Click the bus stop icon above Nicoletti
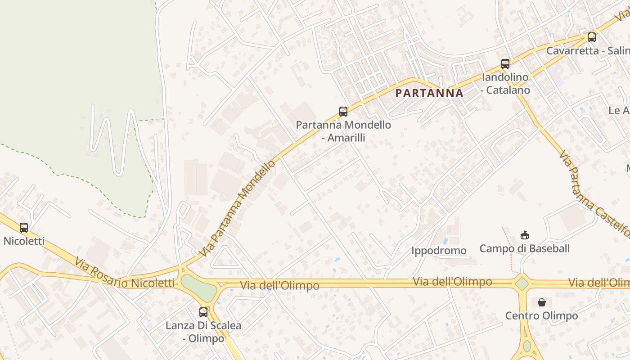point(24,228)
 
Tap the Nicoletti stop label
point(24,241)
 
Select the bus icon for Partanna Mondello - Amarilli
point(343,112)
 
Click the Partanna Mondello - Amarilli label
point(343,131)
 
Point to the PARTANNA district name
point(429,93)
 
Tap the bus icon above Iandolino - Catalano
point(505,64)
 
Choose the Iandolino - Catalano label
point(505,83)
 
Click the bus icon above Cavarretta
point(592,37)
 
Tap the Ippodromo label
point(439,251)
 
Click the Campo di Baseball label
point(524,248)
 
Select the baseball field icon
point(524,235)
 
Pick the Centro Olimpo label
point(541,315)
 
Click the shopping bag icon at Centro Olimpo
point(542,302)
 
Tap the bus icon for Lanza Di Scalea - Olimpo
point(203,312)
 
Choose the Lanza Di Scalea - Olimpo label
point(203,332)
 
